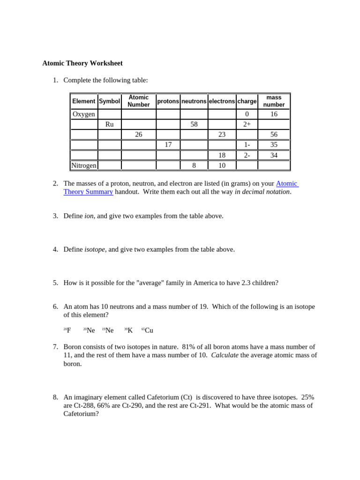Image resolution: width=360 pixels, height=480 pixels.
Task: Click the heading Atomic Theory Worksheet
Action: pyautogui.click(x=82, y=63)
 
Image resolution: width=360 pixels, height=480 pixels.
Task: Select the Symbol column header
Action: pyautogui.click(x=109, y=101)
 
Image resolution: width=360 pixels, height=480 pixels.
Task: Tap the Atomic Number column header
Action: pyautogui.click(x=138, y=101)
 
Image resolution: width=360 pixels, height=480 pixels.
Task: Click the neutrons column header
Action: pyautogui.click(x=194, y=101)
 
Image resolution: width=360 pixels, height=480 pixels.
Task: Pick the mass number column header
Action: pyautogui.click(x=274, y=101)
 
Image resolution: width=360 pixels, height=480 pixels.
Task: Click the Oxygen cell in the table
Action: pyautogui.click(x=84, y=114)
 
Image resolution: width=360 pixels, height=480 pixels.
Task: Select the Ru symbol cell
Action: pyautogui.click(x=109, y=124)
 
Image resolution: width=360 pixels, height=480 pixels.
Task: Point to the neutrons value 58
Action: pyautogui.click(x=194, y=124)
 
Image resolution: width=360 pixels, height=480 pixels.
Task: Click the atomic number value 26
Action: pyautogui.click(x=138, y=135)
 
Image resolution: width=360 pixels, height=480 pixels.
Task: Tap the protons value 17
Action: pyautogui.click(x=168, y=145)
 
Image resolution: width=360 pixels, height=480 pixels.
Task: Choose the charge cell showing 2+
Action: pyautogui.click(x=247, y=124)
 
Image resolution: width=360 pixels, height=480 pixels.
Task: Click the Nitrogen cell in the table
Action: pyautogui.click(x=84, y=165)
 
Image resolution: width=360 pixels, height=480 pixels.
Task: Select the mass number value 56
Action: pyautogui.click(x=274, y=135)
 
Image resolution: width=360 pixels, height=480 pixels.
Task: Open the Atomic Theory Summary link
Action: pyautogui.click(x=88, y=192)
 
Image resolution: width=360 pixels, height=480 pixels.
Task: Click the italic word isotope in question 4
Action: pyautogui.click(x=95, y=249)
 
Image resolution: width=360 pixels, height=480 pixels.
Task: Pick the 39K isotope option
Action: pyautogui.click(x=129, y=330)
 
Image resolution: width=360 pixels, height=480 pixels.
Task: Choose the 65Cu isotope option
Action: pyautogui.click(x=148, y=330)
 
